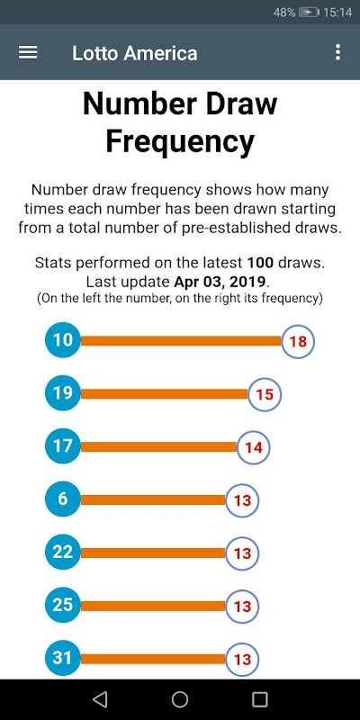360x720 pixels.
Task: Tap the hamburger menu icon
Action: pos(28,52)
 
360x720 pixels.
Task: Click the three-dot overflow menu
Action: pos(338,52)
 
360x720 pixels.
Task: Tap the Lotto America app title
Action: pos(134,53)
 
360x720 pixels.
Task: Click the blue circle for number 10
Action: pos(63,340)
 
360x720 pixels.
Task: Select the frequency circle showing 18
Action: pos(298,341)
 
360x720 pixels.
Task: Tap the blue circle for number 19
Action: pos(63,393)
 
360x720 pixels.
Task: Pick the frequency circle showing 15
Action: pos(265,394)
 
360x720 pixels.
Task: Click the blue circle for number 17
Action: pos(63,446)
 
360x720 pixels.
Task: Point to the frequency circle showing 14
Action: pos(254,447)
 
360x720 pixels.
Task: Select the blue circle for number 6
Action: pos(63,499)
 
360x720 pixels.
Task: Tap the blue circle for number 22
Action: pos(63,553)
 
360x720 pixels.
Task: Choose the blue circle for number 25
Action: pos(63,605)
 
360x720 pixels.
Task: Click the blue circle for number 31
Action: pos(63,659)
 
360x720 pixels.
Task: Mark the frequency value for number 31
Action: pos(242,660)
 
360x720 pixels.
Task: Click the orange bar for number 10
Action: pos(181,341)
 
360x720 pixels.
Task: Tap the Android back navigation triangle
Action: pos(100,699)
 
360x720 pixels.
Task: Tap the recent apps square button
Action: pos(260,699)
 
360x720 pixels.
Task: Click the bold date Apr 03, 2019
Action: pos(220,281)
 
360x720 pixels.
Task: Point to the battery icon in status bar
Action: pos(309,13)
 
